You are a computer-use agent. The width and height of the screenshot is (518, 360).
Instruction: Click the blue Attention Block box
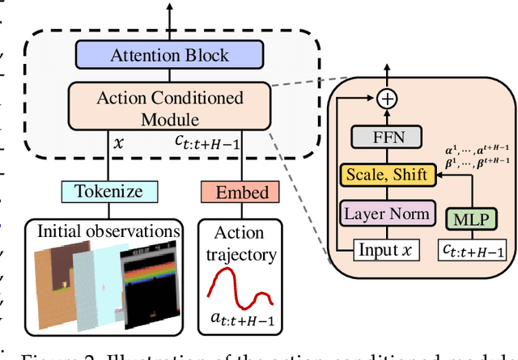pos(170,56)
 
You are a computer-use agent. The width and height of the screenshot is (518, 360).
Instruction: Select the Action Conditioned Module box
pos(170,108)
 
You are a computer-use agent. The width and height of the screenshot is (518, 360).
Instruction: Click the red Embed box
pos(240,193)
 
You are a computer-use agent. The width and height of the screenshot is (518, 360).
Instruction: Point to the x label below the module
pos(120,141)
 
